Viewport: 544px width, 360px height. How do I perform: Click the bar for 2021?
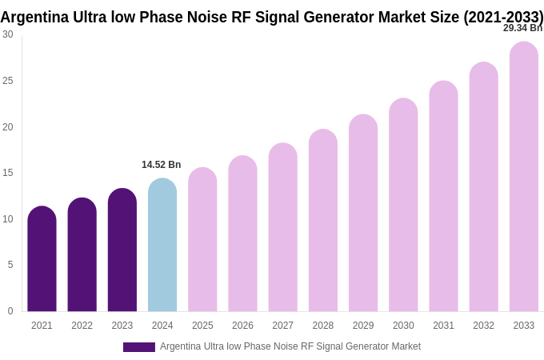42,259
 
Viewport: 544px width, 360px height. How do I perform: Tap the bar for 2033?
524,177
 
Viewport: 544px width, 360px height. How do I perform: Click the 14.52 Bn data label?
162,165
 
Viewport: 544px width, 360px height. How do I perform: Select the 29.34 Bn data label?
522,28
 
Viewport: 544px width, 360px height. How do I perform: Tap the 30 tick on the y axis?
8,34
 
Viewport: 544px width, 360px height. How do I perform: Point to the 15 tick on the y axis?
8,173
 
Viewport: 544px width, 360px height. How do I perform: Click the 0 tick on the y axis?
10,311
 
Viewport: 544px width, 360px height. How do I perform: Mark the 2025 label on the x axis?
202,326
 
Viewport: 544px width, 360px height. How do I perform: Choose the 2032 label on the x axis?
483,326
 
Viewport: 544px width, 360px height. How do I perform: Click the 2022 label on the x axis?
82,326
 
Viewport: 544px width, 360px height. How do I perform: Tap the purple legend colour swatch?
138,347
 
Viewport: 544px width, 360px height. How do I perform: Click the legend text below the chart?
290,346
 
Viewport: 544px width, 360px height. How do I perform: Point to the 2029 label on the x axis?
363,326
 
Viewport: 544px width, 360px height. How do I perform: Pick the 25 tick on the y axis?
8,81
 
